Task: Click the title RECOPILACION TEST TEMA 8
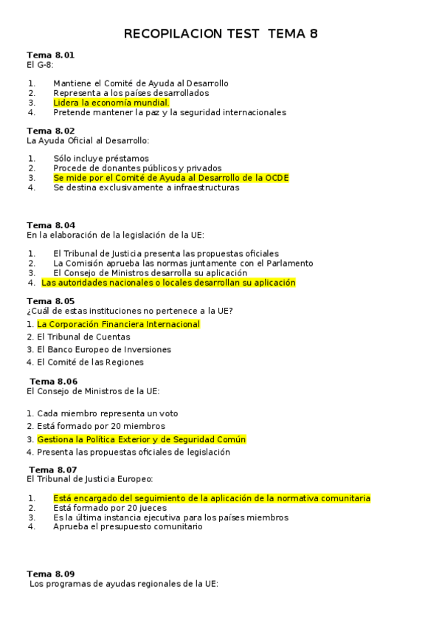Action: pyautogui.click(x=221, y=34)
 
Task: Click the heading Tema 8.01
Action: pyautogui.click(x=50, y=55)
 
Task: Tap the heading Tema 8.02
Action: pyautogui.click(x=50, y=131)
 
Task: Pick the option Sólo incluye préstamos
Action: pyautogui.click(x=100, y=159)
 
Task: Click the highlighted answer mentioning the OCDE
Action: pyautogui.click(x=170, y=178)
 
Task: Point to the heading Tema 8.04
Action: pyautogui.click(x=50, y=225)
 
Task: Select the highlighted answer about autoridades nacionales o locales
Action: pyautogui.click(x=168, y=282)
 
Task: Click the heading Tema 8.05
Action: pyautogui.click(x=50, y=301)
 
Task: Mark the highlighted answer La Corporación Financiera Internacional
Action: pyautogui.click(x=118, y=324)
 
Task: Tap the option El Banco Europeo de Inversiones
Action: pyautogui.click(x=104, y=349)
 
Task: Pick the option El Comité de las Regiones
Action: pyautogui.click(x=90, y=362)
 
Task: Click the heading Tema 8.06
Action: pyautogui.click(x=53, y=382)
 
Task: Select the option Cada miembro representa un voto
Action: pyautogui.click(x=107, y=413)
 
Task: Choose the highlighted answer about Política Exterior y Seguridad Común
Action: pyautogui.click(x=141, y=439)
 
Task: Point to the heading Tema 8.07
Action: pyautogui.click(x=52, y=469)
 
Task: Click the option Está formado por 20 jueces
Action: pyautogui.click(x=110, y=508)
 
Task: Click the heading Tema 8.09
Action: pyautogui.click(x=50, y=574)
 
